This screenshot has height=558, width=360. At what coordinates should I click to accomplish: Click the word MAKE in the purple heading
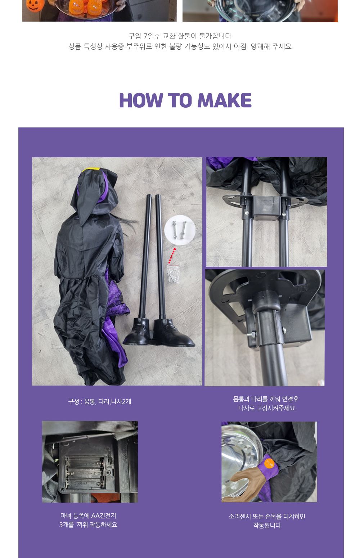pos(225,100)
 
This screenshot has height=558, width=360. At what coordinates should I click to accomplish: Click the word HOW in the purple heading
pos(141,100)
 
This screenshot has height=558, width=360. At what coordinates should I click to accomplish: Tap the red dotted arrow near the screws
pos(172,255)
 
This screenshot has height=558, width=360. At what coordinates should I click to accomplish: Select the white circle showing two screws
pos(180,230)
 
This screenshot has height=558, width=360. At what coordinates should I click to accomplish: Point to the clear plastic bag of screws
pos(173,274)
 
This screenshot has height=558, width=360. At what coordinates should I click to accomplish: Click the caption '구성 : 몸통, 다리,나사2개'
pos(99,401)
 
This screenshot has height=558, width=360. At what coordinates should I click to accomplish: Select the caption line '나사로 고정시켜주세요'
pos(266,408)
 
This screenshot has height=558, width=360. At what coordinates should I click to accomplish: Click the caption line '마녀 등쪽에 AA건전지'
pos(88,516)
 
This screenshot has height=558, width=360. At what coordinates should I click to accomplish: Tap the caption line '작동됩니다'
pos(267,525)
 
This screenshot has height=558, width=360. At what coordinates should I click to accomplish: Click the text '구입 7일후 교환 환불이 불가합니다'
pos(180,36)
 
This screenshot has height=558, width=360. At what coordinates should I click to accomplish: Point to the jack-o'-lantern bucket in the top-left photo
pos(35,5)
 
